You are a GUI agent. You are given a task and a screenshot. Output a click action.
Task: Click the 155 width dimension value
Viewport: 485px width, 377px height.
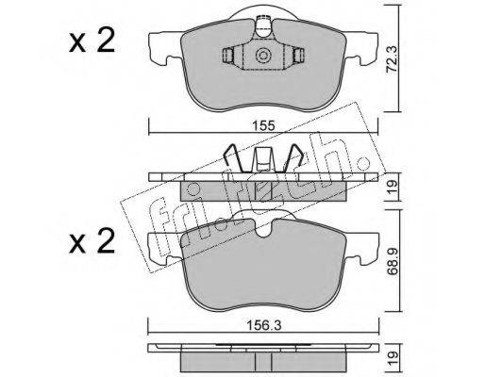(x=263, y=125)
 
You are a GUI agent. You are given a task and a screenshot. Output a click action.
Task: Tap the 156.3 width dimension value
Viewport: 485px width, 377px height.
(x=263, y=326)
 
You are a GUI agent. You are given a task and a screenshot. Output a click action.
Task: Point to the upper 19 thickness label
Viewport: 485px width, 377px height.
(x=393, y=187)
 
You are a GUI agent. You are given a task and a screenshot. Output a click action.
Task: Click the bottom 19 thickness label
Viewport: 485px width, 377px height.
(x=393, y=359)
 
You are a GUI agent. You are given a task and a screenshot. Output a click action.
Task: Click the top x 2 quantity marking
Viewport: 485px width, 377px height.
(x=92, y=41)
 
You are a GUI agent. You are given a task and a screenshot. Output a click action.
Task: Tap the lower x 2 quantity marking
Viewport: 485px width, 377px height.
(x=92, y=240)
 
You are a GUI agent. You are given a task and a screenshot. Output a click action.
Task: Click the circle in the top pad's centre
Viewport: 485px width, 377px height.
(x=263, y=56)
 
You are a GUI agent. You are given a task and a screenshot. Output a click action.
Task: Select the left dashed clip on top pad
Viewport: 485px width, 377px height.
(x=227, y=56)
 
